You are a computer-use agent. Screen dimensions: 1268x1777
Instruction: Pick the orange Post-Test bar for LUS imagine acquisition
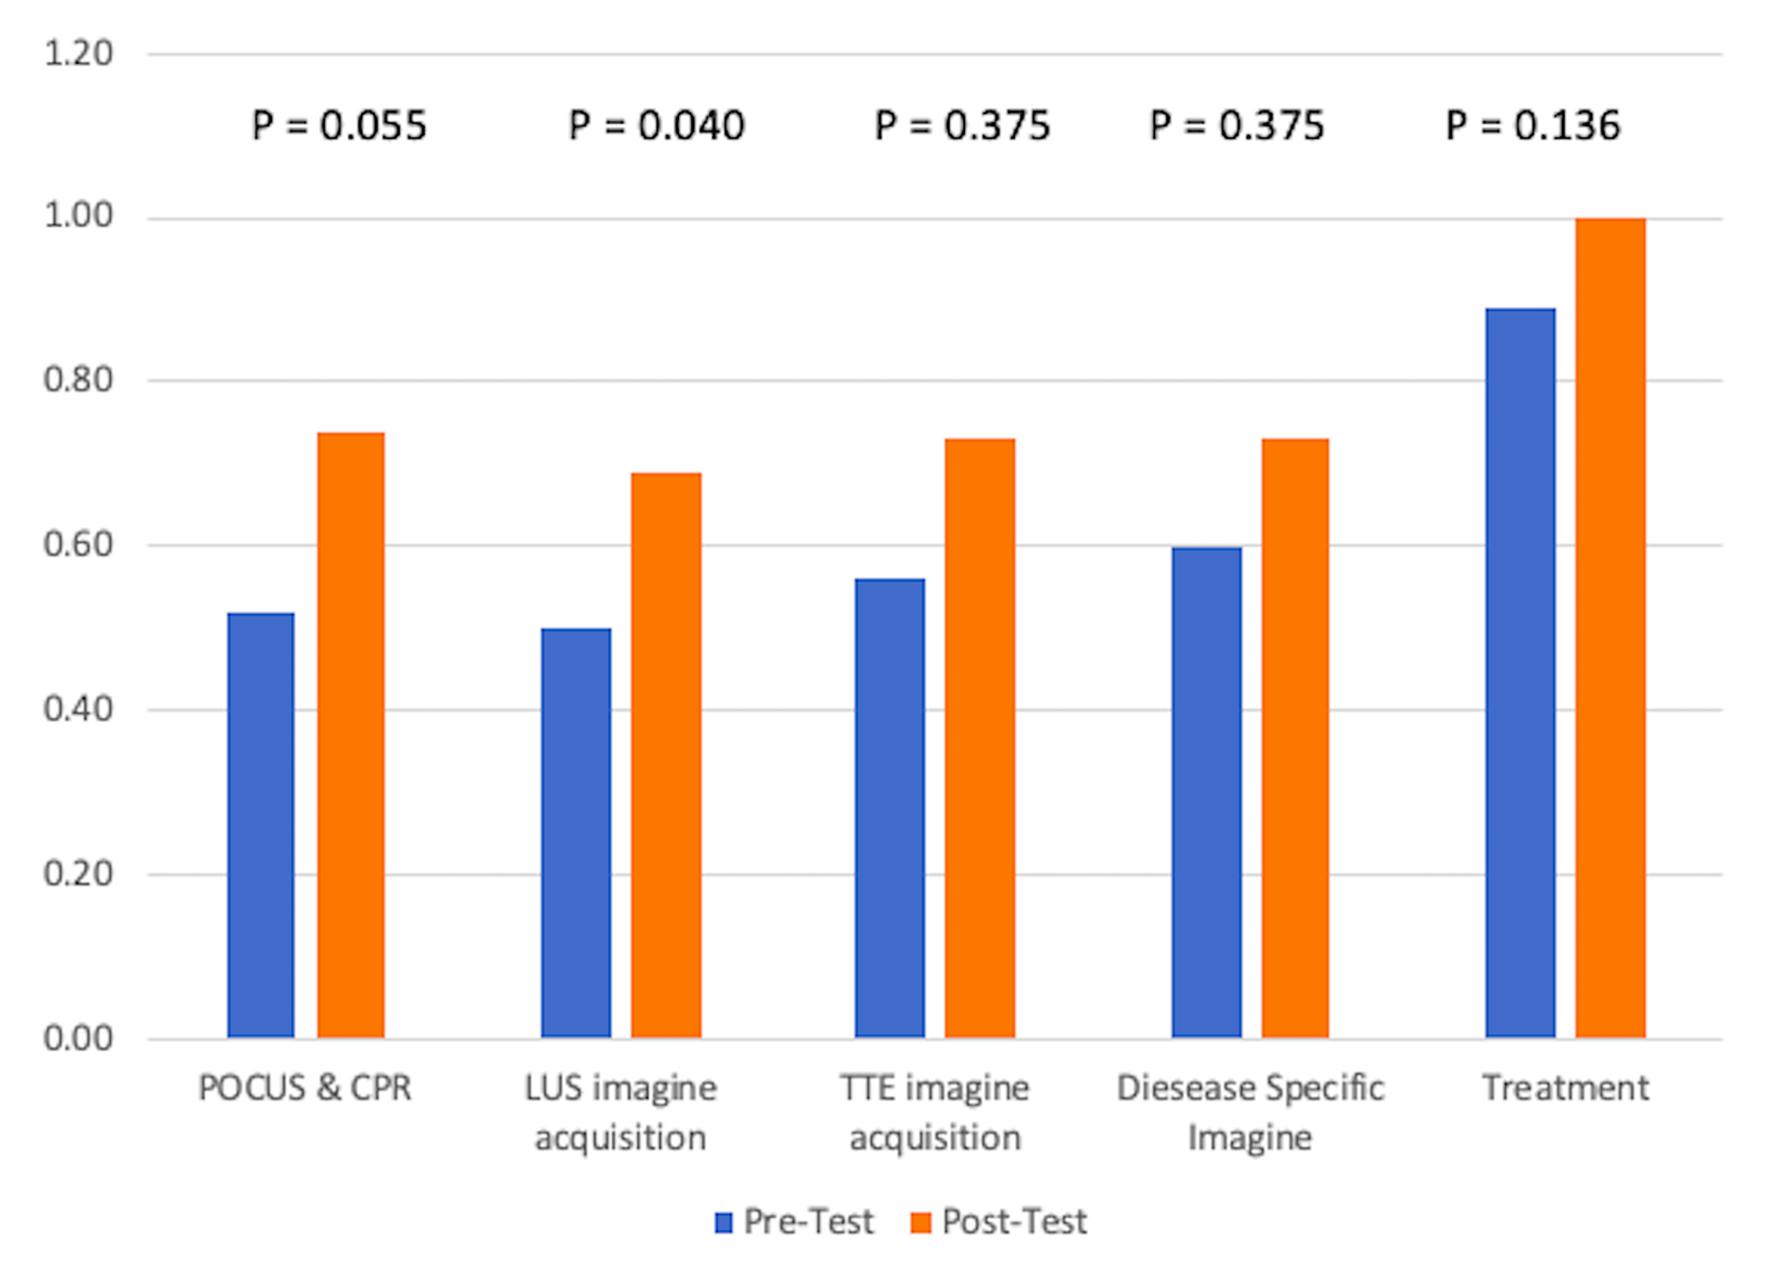tap(666, 755)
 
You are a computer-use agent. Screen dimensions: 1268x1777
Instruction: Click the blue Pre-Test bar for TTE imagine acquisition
tap(889, 808)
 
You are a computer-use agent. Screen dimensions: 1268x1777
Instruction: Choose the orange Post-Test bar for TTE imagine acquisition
tap(980, 738)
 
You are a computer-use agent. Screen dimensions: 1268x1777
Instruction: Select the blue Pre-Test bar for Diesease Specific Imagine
tap(1207, 792)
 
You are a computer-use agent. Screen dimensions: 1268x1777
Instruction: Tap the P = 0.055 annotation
tap(339, 125)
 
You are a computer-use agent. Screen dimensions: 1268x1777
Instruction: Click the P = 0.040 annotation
tap(657, 125)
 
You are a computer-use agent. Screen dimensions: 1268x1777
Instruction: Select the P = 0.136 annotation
tap(1533, 125)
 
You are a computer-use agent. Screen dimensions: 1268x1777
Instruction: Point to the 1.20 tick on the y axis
tap(78, 53)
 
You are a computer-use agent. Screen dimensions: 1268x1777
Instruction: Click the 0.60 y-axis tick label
tap(78, 545)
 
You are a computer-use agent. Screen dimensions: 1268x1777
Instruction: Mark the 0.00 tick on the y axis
tap(78, 1038)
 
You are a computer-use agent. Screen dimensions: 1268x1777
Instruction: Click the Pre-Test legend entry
tap(795, 1223)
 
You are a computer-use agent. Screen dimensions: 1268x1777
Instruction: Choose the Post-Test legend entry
tap(1000, 1223)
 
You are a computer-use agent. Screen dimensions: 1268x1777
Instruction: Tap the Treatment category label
tap(1566, 1089)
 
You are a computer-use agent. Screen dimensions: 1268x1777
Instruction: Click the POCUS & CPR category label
tap(305, 1089)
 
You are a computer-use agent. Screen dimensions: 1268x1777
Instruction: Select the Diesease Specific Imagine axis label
tap(1250, 1112)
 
